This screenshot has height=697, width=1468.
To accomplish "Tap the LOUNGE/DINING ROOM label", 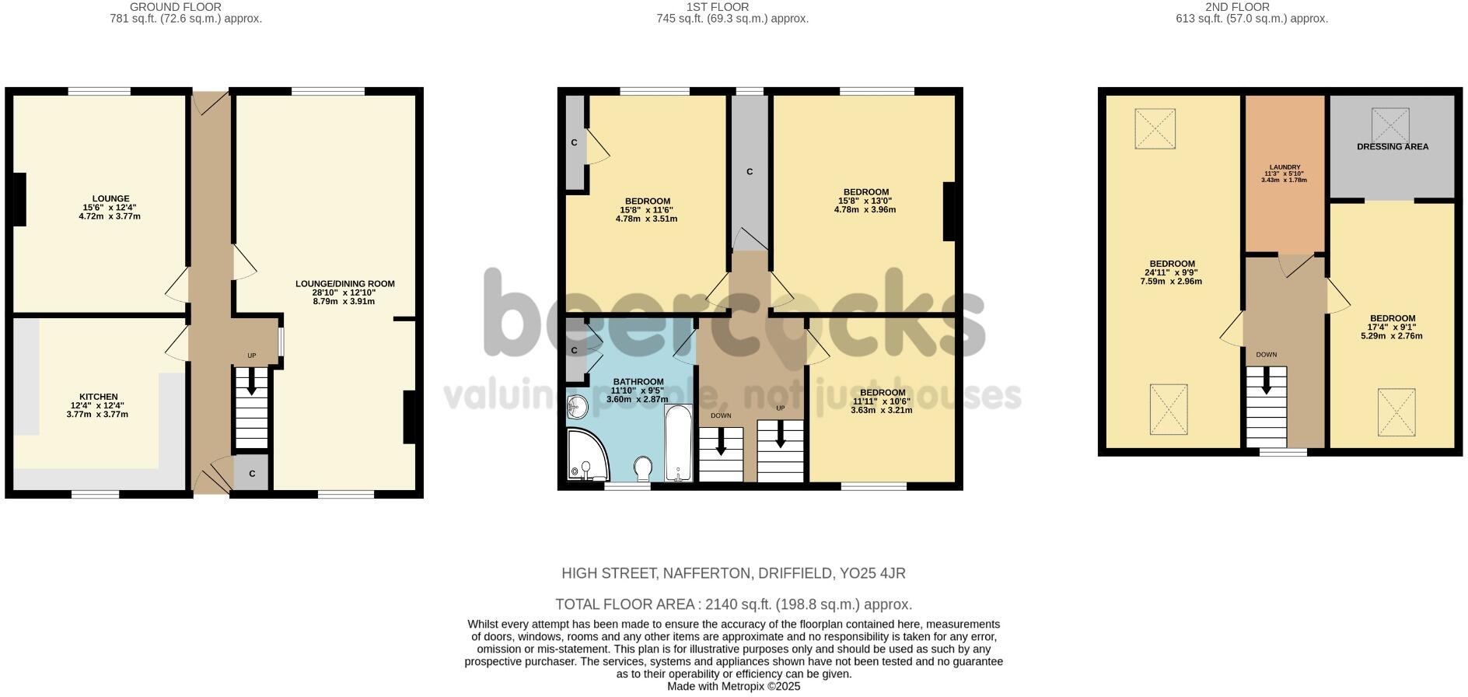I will (x=344, y=284).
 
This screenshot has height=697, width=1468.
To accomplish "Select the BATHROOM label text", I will (x=637, y=382).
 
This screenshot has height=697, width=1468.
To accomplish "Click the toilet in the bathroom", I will (x=643, y=468).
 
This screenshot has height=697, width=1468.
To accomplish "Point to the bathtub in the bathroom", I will (x=679, y=443).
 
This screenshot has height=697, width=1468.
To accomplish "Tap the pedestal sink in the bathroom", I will (x=577, y=406).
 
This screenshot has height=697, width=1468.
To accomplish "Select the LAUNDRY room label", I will (x=1284, y=167).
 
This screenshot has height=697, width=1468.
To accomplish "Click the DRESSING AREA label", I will (x=1392, y=146).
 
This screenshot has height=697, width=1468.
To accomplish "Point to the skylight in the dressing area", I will (x=1389, y=124).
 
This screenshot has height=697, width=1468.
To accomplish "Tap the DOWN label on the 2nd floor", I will (x=1266, y=355).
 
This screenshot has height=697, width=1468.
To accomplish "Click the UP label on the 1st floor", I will (x=780, y=408).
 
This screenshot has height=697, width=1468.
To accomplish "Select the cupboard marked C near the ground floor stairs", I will (x=252, y=474).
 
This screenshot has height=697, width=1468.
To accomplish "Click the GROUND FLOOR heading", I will (x=176, y=7).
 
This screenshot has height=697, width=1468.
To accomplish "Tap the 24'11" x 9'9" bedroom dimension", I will (x=1171, y=273).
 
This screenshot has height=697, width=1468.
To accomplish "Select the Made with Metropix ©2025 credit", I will (x=733, y=687).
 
